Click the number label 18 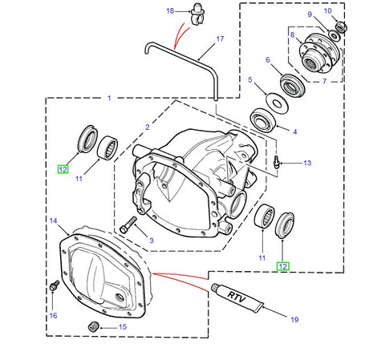[x=169, y=10]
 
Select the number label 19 [x=294, y=319]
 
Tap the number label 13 [x=306, y=163]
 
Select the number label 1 [x=109, y=99]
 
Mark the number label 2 [x=147, y=127]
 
